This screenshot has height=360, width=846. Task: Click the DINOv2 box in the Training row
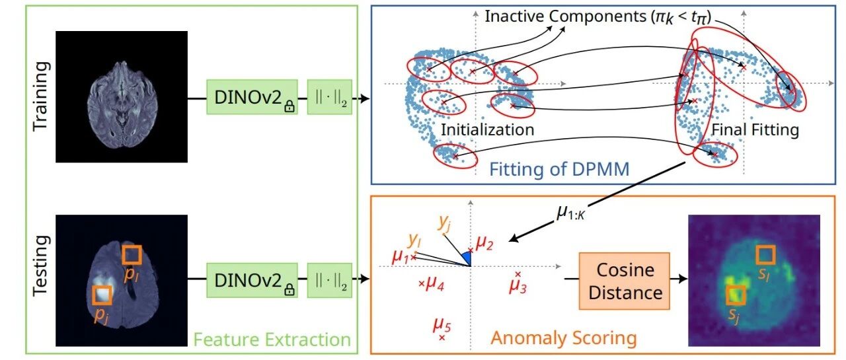[252, 97]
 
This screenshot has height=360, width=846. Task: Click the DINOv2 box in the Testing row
[252, 280]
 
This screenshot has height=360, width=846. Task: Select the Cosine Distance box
[625, 281]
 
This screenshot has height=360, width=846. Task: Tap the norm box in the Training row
[330, 97]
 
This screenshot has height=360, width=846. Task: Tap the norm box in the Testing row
[330, 280]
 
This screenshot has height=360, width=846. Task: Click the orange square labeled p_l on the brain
[132, 255]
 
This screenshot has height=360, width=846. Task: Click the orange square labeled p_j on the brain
[102, 295]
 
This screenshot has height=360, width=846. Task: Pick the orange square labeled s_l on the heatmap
[765, 255]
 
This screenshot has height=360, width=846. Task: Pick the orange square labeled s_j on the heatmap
[736, 295]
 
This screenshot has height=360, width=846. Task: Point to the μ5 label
[442, 325]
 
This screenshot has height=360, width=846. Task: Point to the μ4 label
[435, 283]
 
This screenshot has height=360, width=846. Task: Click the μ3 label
[518, 286]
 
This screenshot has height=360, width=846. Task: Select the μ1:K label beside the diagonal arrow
[570, 213]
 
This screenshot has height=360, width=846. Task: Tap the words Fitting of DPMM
[559, 169]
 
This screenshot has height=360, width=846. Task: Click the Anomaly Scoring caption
[564, 338]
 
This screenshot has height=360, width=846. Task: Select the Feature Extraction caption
[272, 340]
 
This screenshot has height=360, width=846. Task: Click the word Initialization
[488, 130]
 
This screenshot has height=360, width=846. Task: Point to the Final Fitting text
[755, 130]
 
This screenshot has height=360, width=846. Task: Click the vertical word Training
[41, 96]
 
